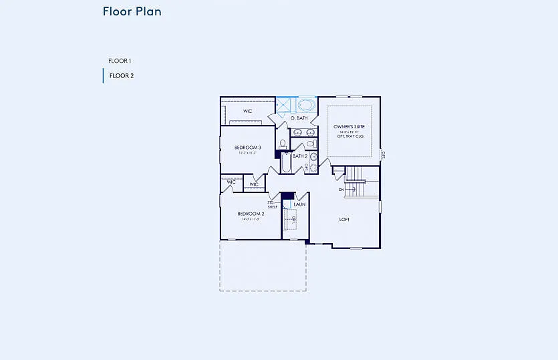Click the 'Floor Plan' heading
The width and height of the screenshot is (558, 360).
pyautogui.click(x=132, y=11)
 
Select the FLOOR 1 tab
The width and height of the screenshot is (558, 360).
pyautogui.click(x=120, y=61)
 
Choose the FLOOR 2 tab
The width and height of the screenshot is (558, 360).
pyautogui.click(x=121, y=75)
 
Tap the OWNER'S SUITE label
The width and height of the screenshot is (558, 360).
pyautogui.click(x=348, y=127)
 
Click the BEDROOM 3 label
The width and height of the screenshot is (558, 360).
pyautogui.click(x=247, y=147)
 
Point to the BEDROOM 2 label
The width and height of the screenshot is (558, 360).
pyautogui.click(x=251, y=214)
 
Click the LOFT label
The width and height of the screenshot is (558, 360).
pyautogui.click(x=344, y=219)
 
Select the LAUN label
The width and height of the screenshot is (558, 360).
pyautogui.click(x=299, y=204)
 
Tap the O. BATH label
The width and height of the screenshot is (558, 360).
pyautogui.click(x=299, y=118)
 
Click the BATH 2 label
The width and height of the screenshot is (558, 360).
pyautogui.click(x=300, y=156)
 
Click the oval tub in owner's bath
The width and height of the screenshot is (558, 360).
pyautogui.click(x=306, y=105)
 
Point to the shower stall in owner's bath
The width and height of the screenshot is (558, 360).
pyautogui.click(x=285, y=106)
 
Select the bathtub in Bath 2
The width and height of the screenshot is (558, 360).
pyautogui.click(x=286, y=164)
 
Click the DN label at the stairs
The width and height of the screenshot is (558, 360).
pyautogui.click(x=341, y=190)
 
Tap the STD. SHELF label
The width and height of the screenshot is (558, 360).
pyautogui.click(x=273, y=204)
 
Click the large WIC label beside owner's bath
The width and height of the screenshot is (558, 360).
pyautogui.click(x=247, y=112)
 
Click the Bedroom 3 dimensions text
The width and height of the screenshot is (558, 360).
pyautogui.click(x=247, y=153)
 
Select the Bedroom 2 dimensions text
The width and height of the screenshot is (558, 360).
pyautogui.click(x=251, y=219)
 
